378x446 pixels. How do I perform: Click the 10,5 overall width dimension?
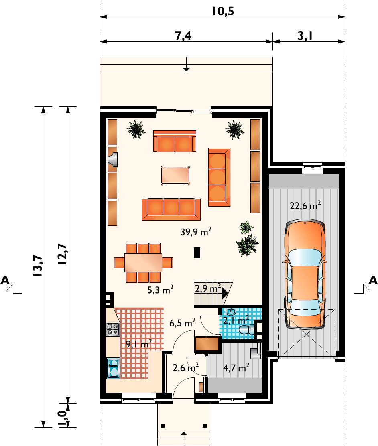223,11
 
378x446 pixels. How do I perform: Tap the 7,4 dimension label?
183,36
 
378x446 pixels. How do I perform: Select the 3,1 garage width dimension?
305,36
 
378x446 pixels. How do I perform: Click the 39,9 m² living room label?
196,232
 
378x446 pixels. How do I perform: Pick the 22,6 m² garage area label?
305,205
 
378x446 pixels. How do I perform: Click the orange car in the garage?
305,274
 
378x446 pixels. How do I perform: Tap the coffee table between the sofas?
175,176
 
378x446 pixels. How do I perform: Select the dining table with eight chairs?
143,262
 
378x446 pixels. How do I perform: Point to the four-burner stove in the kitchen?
113,329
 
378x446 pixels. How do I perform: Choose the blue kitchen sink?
113,368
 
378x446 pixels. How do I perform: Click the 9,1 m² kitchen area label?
138,344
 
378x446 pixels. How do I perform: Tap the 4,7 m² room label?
236,368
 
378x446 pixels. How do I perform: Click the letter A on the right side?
373,280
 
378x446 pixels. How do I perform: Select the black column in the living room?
197,253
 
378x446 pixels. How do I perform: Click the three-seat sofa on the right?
219,177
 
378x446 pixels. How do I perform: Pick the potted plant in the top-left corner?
136,130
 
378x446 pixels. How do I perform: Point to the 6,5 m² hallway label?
182,323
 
